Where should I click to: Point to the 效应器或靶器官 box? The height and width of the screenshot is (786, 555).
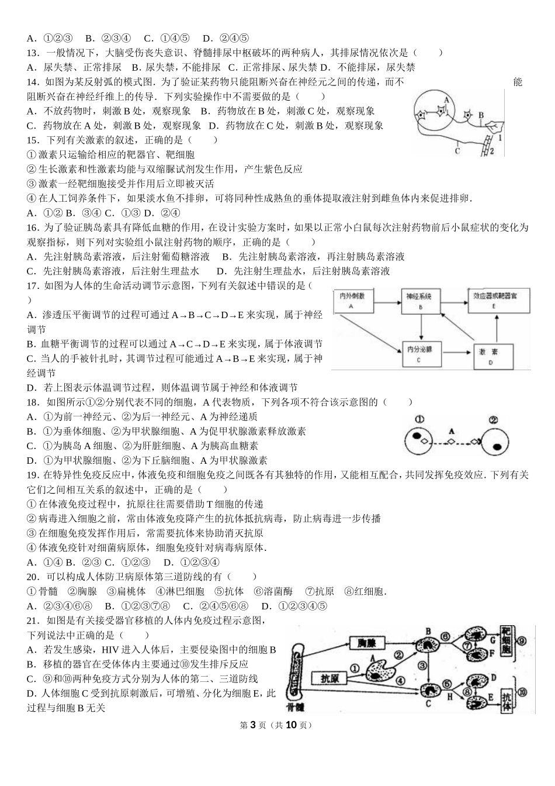click(494, 301)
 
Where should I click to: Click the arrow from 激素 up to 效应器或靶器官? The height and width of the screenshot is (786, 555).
click(495, 327)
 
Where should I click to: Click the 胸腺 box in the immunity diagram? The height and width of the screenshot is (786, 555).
click(367, 643)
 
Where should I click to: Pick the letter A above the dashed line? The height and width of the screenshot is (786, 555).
click(450, 430)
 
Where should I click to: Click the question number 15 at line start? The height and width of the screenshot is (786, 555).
click(33, 140)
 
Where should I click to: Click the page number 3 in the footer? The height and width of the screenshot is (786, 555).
click(253, 725)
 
